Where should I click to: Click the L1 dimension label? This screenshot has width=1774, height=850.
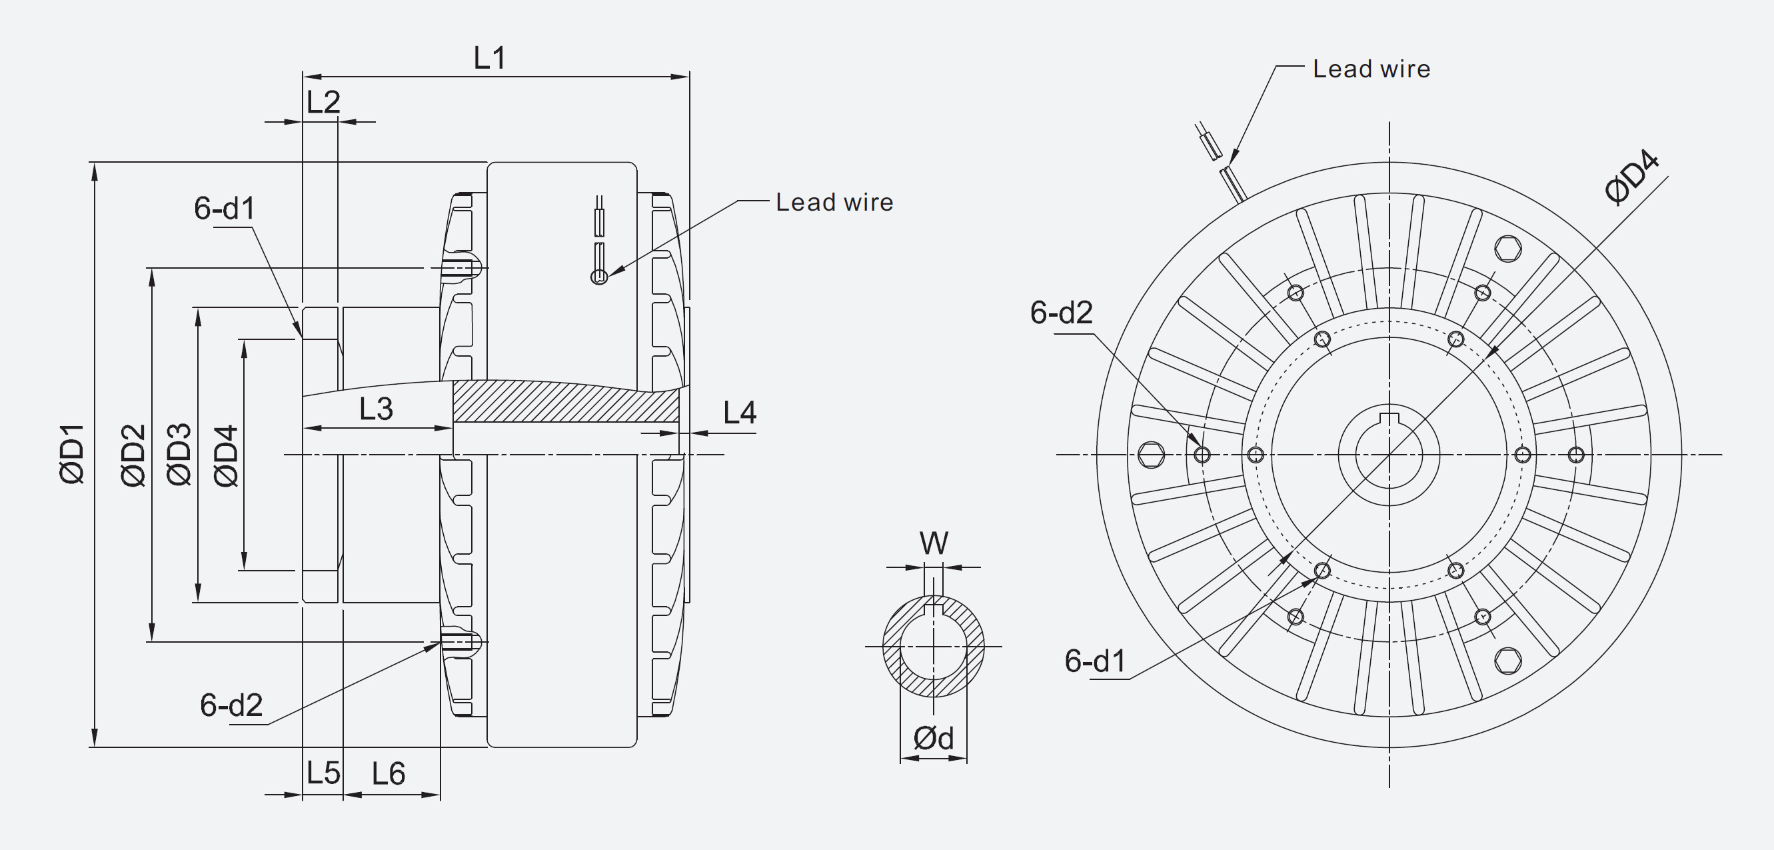coord(490,59)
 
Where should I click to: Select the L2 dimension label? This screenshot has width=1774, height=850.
coord(323,103)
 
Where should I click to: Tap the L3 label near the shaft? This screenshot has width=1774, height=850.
coord(376,409)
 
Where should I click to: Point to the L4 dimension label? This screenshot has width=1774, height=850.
coord(740,413)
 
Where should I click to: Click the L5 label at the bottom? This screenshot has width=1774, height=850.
coord(323,773)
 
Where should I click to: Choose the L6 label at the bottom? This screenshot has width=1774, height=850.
coord(389,773)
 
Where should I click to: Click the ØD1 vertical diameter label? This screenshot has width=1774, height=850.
coord(73,455)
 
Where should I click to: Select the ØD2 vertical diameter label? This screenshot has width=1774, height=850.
coord(133,455)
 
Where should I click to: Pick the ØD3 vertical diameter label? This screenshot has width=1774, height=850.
coord(179,455)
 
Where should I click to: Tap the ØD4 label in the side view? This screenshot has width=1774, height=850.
coord(226,456)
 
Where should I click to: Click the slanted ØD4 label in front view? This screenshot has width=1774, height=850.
coord(1631,178)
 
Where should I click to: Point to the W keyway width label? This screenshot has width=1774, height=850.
coord(934,543)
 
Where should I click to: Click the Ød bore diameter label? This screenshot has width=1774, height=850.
coord(933,739)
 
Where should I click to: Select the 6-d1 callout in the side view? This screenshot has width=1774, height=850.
coord(225,208)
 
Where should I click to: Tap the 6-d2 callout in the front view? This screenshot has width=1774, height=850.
coord(1061,313)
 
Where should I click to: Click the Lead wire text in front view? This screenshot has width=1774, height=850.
coord(1371,69)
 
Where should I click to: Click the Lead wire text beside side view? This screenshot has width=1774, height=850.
coord(834,203)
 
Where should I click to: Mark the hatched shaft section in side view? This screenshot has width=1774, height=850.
coord(564,401)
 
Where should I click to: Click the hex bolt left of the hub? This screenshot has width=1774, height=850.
coord(1151,455)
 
